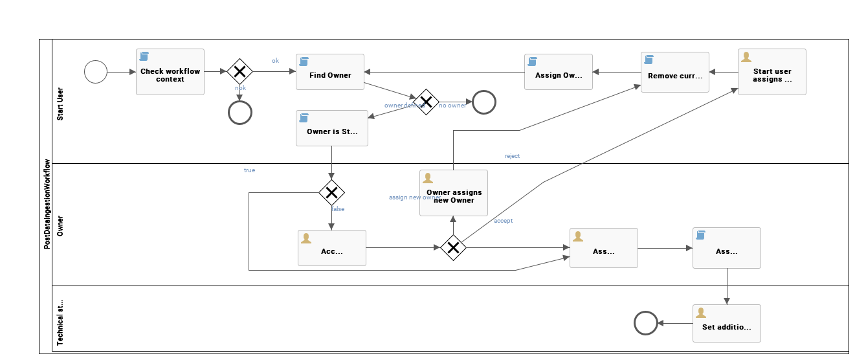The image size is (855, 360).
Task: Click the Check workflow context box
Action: tap(170, 72)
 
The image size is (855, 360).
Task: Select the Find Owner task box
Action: tap(330, 72)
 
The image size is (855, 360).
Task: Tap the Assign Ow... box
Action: tap(558, 72)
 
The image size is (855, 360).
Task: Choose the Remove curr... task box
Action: tap(674, 73)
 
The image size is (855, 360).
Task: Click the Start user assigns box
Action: tap(772, 72)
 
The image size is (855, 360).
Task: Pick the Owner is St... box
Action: tap(331, 128)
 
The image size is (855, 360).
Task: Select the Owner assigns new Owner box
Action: tap(453, 193)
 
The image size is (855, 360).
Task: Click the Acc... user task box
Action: tap(331, 248)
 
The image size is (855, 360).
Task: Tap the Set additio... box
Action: tap(726, 323)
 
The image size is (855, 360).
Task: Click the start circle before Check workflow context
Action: tap(96, 72)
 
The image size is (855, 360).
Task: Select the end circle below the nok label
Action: tap(239, 113)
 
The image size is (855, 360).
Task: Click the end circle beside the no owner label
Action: tap(483, 102)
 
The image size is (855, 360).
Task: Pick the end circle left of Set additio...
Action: tap(645, 323)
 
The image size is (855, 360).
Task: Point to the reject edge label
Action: tap(512, 156)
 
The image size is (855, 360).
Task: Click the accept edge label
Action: tap(503, 221)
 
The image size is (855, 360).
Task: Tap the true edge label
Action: tap(249, 170)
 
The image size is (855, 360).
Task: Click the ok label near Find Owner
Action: tap(275, 61)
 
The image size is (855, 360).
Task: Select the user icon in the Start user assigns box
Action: tap(746, 57)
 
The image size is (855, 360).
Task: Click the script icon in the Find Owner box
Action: tap(304, 62)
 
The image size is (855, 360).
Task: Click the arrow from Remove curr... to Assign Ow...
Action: tap(616, 72)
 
